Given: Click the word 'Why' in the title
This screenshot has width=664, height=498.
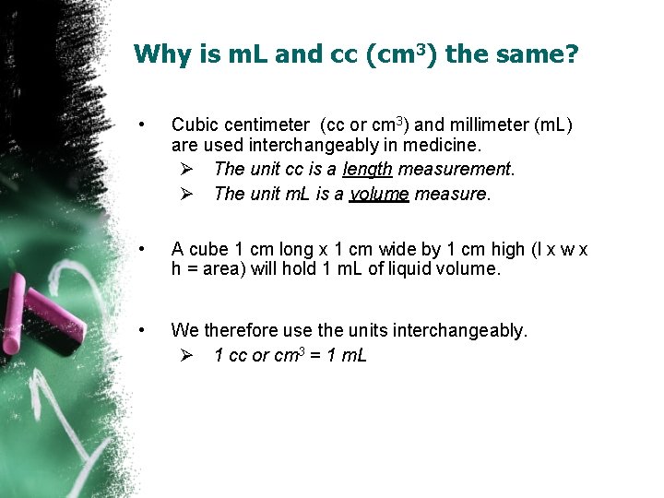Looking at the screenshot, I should click(x=161, y=55).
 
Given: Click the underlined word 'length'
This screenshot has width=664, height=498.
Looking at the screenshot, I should click(x=367, y=169).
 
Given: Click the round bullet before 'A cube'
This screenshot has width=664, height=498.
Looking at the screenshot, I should click(x=141, y=250).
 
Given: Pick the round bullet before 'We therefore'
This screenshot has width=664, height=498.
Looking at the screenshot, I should click(x=141, y=330).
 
